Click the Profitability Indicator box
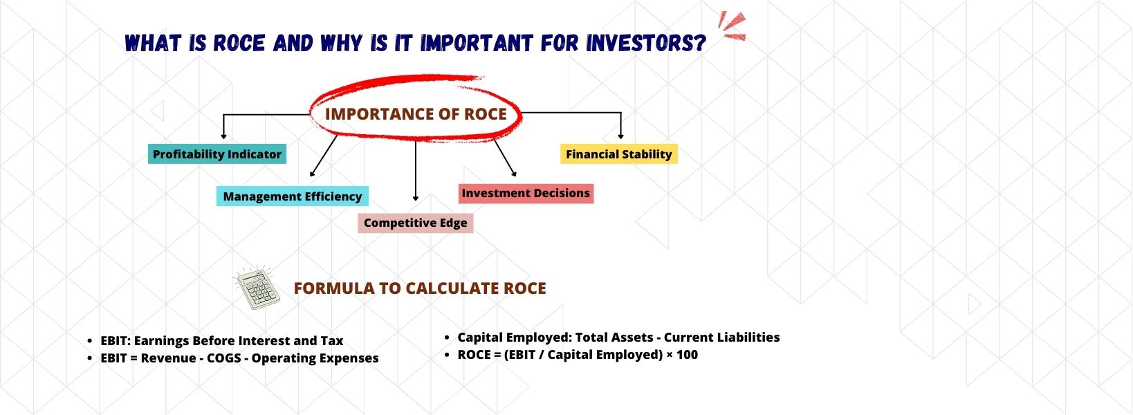(217, 154)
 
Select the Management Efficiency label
(292, 196)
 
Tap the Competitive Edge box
(415, 223)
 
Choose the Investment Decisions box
(526, 194)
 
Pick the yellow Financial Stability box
(618, 154)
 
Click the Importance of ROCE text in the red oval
(416, 114)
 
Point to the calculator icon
(257, 287)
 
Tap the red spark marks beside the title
(731, 26)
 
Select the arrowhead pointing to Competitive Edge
(416, 198)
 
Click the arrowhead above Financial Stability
(620, 136)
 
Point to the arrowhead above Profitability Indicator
(223, 136)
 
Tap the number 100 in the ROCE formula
(687, 355)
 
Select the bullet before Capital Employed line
(448, 338)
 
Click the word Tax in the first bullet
(331, 341)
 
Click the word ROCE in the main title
(239, 44)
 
